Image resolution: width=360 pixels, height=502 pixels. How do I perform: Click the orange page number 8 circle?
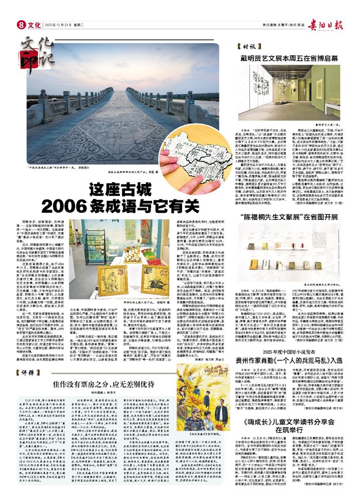pyautogui.click(x=22, y=24)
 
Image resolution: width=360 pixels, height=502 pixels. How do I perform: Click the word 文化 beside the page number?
pyautogui.click(x=34, y=25)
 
